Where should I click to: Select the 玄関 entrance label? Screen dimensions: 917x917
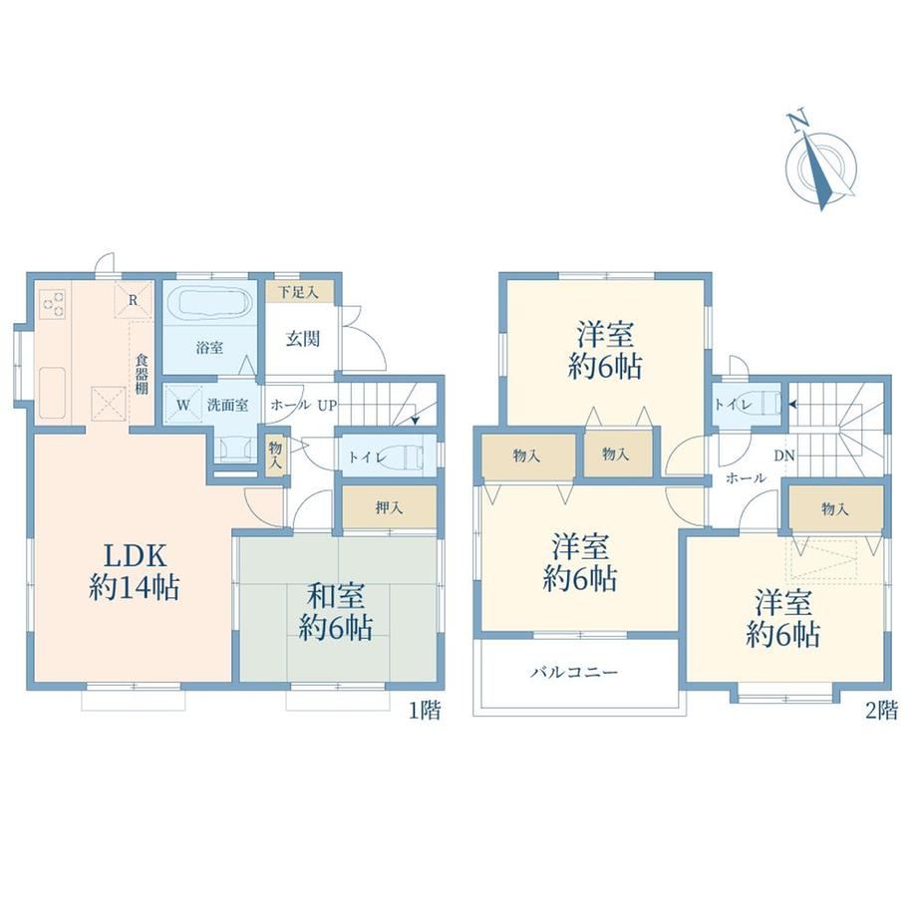(x=302, y=339)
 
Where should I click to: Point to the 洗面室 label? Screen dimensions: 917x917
(x=227, y=405)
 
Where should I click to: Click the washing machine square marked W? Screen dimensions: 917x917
(x=182, y=405)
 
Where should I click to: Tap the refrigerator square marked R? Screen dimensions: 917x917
(x=133, y=301)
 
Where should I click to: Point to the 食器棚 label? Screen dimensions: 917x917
(x=142, y=374)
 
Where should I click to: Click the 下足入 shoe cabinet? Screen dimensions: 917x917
(x=299, y=292)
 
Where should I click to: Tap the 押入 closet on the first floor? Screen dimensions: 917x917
(x=390, y=507)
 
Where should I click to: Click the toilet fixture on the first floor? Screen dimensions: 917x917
(x=403, y=456)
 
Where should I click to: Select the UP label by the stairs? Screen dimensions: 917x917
(x=327, y=405)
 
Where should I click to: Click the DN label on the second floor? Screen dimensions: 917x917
(x=784, y=456)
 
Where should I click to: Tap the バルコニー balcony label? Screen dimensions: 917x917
(x=574, y=673)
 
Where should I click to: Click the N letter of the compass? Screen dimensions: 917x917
(x=797, y=121)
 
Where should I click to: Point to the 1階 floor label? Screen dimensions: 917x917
(x=424, y=711)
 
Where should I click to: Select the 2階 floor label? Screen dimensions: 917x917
(x=881, y=711)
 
